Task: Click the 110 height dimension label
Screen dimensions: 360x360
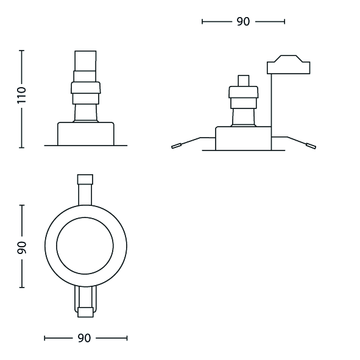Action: [x=22, y=95]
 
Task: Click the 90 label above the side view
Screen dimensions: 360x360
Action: [x=243, y=21]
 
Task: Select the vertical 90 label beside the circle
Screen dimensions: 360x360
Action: [x=22, y=247]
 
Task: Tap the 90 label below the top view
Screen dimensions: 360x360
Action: [x=84, y=338]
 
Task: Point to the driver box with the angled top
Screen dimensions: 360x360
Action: [x=288, y=65]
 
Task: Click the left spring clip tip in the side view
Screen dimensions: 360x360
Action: [x=176, y=146]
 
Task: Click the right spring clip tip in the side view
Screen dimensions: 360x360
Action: [x=311, y=146]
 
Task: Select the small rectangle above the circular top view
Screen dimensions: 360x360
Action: [x=85, y=179]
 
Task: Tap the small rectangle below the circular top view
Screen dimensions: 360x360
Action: [x=85, y=312]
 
